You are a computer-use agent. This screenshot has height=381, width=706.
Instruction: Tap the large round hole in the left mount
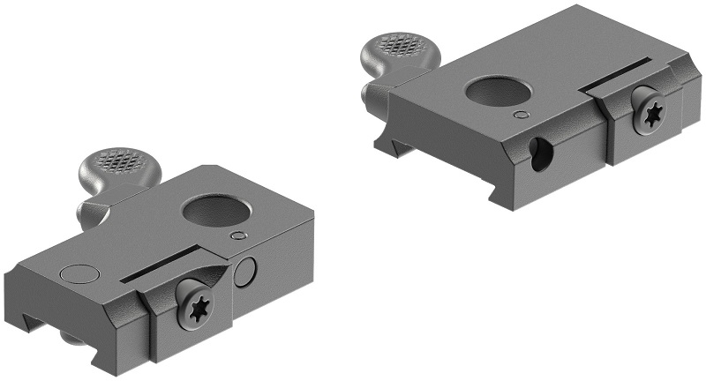209,212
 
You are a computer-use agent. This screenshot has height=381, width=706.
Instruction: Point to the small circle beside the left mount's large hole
237,236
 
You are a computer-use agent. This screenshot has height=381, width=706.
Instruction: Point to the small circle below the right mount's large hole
521,114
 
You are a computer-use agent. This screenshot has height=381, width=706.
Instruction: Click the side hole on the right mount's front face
537,152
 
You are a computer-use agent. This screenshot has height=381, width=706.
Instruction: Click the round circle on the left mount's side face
246,273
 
